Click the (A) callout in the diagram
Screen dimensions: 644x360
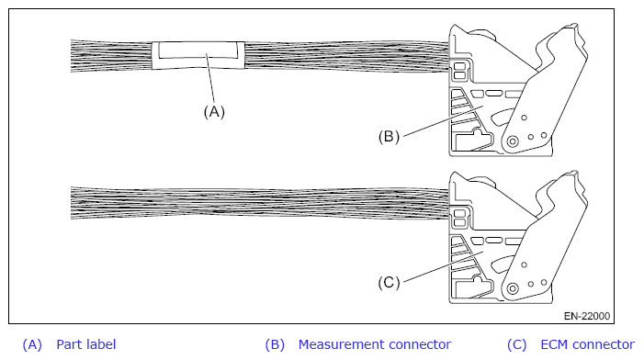pyautogui.click(x=214, y=112)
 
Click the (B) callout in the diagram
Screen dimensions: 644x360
pyautogui.click(x=389, y=136)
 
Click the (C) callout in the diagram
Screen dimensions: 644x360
pyautogui.click(x=389, y=283)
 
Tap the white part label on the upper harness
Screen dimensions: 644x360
pyautogui.click(x=198, y=55)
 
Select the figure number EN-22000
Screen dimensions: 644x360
pyautogui.click(x=587, y=316)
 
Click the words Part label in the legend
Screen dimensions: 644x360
pyautogui.click(x=86, y=344)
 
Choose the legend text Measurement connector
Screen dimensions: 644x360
pyautogui.click(x=375, y=344)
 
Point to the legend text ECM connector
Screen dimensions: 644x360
pyautogui.click(x=587, y=344)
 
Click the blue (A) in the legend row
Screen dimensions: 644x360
pyautogui.click(x=32, y=344)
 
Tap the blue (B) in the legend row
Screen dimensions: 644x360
pyautogui.click(x=275, y=344)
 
